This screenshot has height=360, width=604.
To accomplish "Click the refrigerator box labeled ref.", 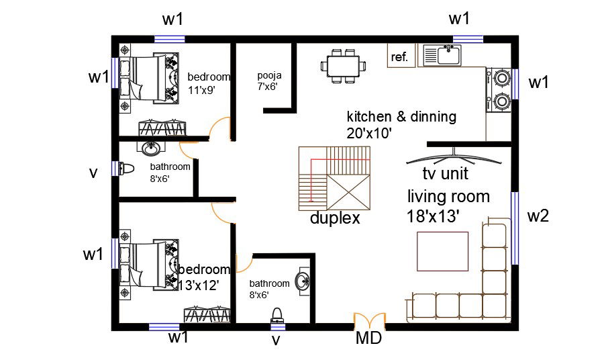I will point(400,57).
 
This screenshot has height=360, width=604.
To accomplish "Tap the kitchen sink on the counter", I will point(440,56).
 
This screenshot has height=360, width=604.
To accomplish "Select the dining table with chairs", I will point(344,65).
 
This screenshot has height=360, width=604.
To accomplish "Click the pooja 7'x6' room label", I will point(267,81).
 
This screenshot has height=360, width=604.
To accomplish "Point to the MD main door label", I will point(368,338).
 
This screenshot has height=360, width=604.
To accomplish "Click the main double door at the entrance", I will point(370,320).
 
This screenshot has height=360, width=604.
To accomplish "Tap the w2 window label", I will point(538,216).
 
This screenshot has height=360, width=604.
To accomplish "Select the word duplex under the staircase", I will point(335,218).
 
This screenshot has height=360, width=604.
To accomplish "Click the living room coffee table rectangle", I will point(443,250).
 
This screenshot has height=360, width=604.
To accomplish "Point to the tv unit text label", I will point(445,174).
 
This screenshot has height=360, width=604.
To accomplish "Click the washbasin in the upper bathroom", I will point(150,147).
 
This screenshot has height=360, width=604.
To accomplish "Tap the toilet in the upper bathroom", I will point(126,168).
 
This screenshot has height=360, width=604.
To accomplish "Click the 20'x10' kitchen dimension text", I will point(369,133).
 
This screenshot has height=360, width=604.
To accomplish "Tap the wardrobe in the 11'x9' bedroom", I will point(162,128).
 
